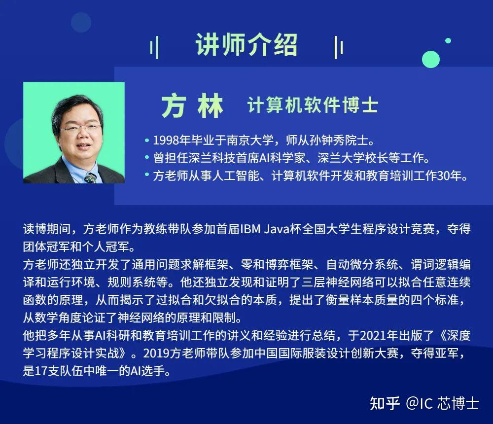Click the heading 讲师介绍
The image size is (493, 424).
click(246, 45)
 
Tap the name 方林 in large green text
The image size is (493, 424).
click(192, 106)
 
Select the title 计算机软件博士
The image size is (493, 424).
click(313, 105)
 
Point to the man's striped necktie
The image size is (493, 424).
click(91, 177)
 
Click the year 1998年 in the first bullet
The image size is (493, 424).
click(172, 141)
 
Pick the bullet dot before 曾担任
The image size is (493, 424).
click(147, 157)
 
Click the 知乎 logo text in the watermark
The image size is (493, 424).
click(385, 403)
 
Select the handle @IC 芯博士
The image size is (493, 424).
click(442, 403)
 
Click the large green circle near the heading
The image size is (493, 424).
click(431, 59)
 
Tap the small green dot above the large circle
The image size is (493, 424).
click(448, 40)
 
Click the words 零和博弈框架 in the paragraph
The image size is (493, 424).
click(277, 264)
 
